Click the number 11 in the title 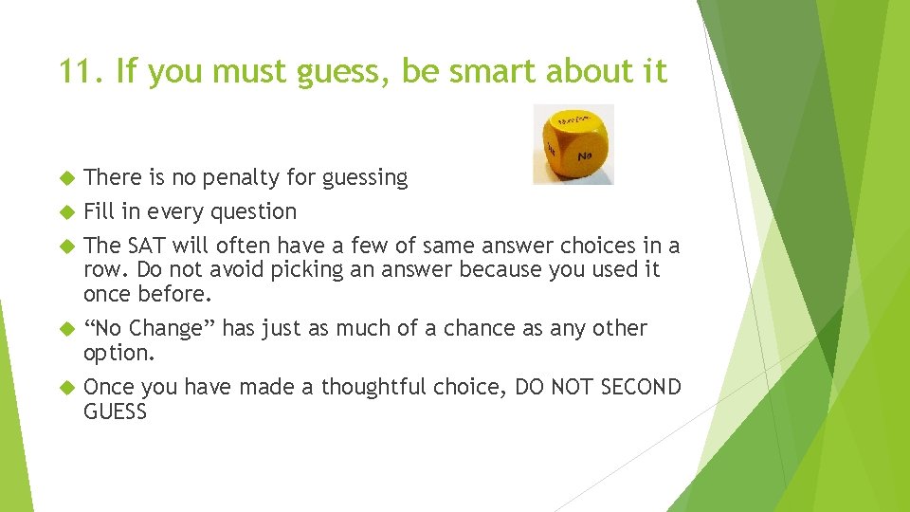coord(77,71)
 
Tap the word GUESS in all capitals coord(115,411)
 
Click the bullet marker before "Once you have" coord(66,387)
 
